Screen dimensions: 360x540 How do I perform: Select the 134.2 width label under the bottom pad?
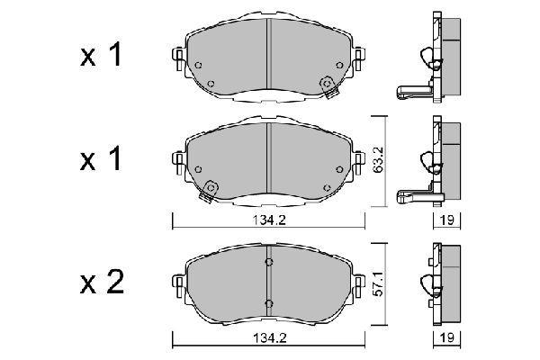pyautogui.click(x=269, y=340)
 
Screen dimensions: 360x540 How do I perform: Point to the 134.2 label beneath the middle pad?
pyautogui.click(x=269, y=220)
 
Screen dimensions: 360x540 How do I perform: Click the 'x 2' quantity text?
pyautogui.click(x=101, y=285)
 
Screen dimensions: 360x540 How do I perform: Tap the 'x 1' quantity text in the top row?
pyautogui.click(x=101, y=56)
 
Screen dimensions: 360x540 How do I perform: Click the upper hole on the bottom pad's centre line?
pyautogui.click(x=268, y=263)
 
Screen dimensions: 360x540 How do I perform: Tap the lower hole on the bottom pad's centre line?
pyautogui.click(x=268, y=301)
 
